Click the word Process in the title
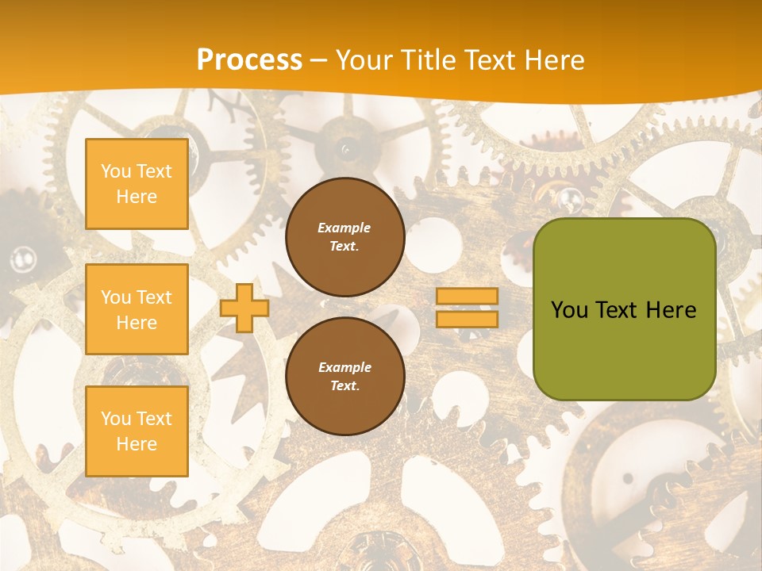click(249, 60)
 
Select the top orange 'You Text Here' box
click(137, 184)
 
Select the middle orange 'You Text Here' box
click(137, 309)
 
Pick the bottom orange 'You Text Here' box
click(137, 431)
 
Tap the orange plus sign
click(244, 308)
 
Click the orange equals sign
click(467, 308)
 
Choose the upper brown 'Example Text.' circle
click(344, 236)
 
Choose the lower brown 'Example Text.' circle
click(344, 376)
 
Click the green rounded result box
click(624, 309)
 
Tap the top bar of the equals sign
click(467, 297)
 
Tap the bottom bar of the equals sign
click(467, 319)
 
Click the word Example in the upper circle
click(344, 228)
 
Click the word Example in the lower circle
click(344, 367)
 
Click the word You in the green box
click(569, 310)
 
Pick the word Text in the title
click(492, 60)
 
